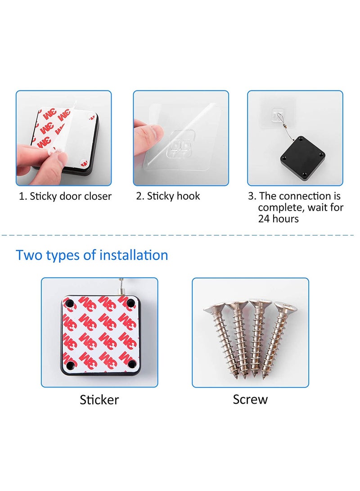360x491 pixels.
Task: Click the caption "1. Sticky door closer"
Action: (65, 196)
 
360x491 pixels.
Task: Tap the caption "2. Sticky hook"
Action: (168, 196)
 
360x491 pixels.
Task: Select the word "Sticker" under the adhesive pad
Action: (99, 399)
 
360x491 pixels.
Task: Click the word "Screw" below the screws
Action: (250, 399)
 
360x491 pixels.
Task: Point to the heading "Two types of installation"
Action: (92, 255)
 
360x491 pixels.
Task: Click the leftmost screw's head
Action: (213, 309)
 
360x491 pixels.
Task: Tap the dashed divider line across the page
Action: (180, 235)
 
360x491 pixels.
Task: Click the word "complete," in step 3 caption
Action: (281, 208)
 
